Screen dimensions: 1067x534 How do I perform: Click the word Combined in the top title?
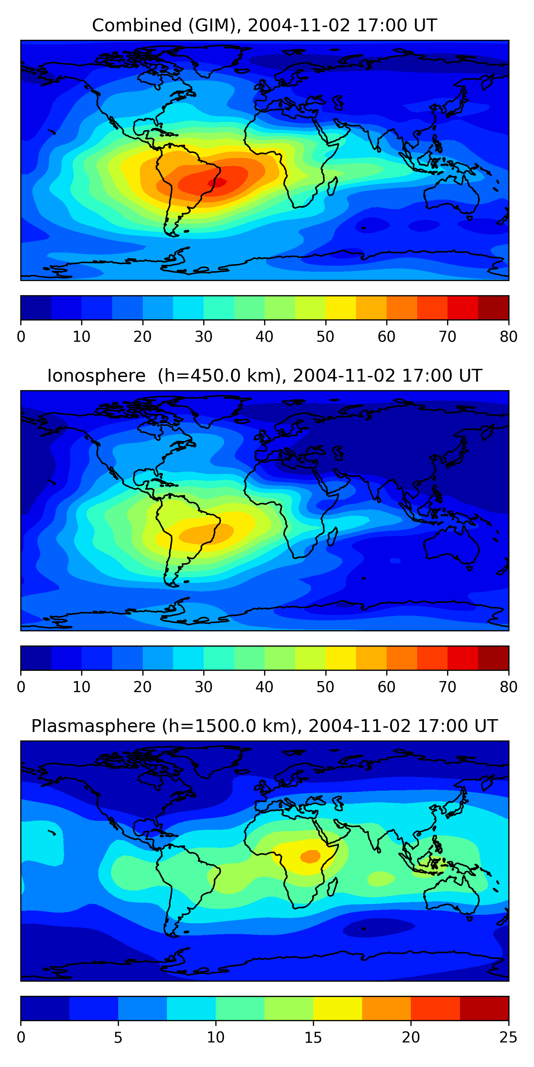point(136,25)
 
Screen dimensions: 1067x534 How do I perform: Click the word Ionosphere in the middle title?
point(96,376)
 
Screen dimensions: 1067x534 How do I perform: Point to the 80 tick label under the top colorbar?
point(508,336)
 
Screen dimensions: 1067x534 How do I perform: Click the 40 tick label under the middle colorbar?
point(264,687)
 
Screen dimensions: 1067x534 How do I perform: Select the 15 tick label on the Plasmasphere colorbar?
point(313,1037)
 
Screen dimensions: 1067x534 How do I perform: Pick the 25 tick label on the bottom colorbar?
point(508,1037)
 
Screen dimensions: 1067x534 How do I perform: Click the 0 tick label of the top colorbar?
point(21,336)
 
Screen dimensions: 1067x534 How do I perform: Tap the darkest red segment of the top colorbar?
point(493,308)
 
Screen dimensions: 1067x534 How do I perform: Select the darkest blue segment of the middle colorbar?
point(36,658)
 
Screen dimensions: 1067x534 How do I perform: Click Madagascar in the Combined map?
point(333,186)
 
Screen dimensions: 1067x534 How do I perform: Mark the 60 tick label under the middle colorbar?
point(386,687)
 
